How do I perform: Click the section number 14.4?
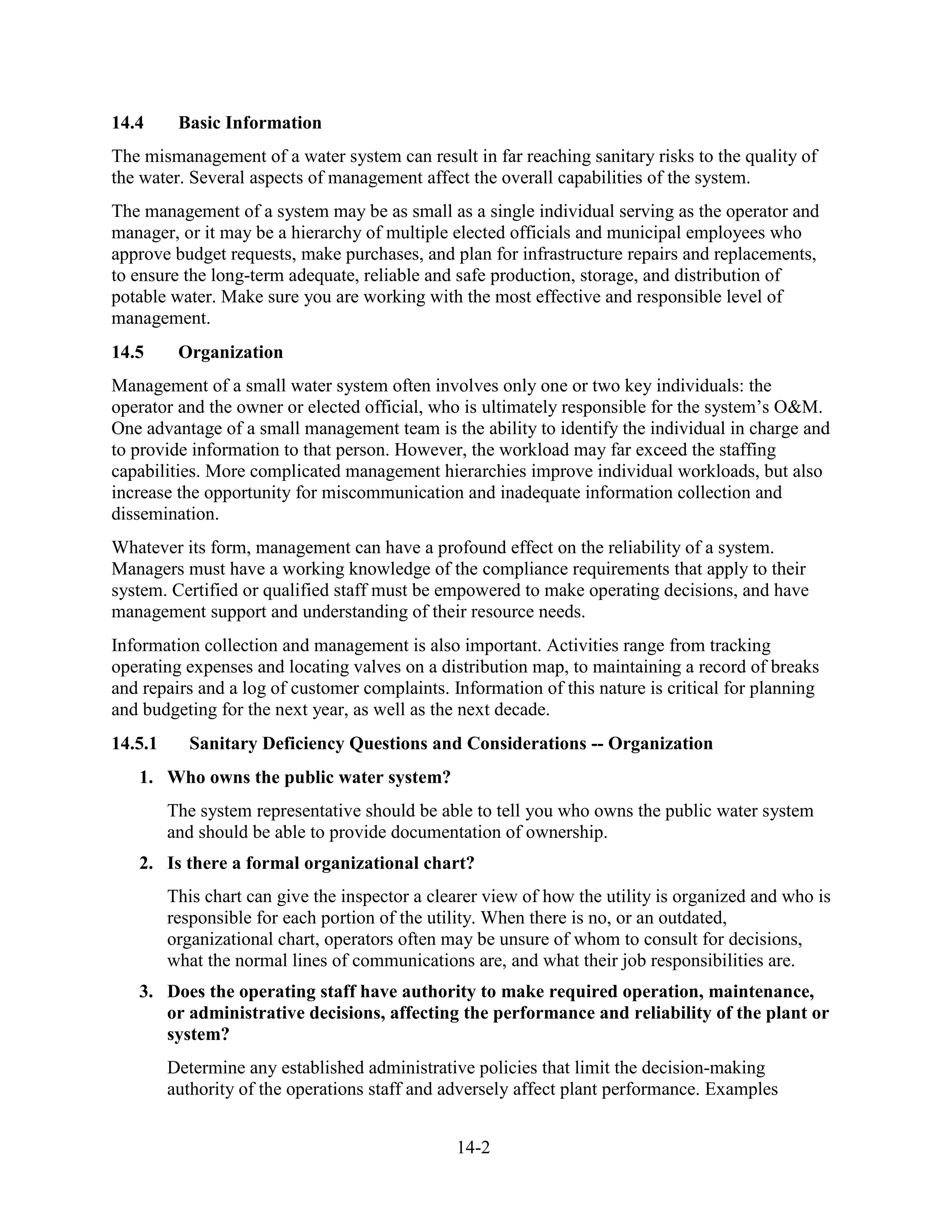(127, 123)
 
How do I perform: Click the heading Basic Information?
(250, 123)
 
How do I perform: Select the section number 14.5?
(127, 352)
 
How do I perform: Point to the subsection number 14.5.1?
(134, 743)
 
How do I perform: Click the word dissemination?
(165, 514)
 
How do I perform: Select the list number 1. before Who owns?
(147, 778)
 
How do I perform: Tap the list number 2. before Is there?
(147, 863)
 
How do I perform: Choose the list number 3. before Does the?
(147, 991)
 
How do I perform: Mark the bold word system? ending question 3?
(198, 1034)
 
